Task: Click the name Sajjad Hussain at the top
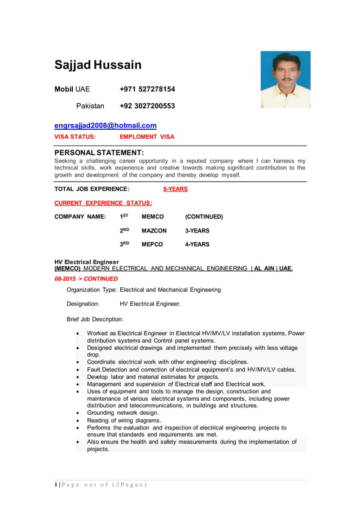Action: point(98,65)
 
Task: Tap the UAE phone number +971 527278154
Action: point(147,89)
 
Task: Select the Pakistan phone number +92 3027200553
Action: point(147,106)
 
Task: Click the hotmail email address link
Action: point(105,125)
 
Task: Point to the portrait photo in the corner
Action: point(285,80)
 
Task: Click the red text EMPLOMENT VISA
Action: point(147,137)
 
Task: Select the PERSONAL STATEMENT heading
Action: point(99,153)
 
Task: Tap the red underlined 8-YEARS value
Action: point(175,189)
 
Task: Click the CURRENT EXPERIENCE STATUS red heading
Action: point(103,203)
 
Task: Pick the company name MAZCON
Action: point(153,231)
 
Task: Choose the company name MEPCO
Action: point(152,244)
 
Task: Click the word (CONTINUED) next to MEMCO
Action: point(204,217)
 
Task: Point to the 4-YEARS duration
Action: point(197,244)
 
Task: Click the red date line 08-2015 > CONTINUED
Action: point(86,279)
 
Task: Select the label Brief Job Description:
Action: point(95,319)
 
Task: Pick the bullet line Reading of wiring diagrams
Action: point(124,420)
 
